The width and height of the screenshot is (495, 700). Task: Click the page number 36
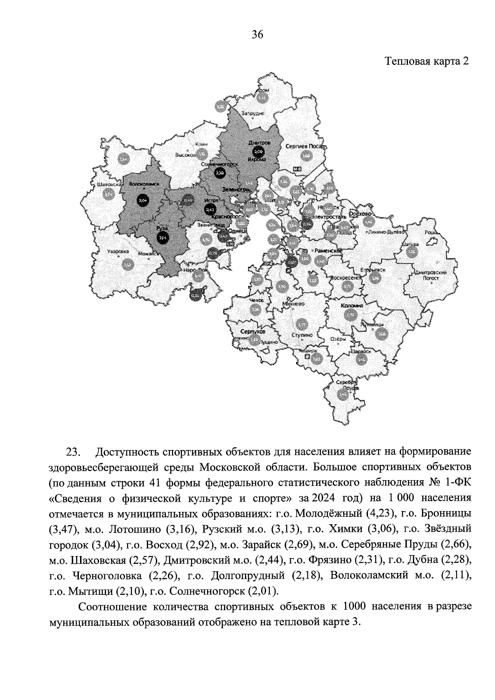(257, 35)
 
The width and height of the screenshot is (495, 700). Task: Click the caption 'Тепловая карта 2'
(427, 61)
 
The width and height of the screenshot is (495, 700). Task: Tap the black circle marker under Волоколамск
(143, 201)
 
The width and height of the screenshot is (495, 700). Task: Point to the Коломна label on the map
(351, 306)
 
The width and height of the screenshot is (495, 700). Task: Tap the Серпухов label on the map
(253, 332)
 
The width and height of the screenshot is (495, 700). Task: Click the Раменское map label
(329, 250)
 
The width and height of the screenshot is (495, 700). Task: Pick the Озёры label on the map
(338, 339)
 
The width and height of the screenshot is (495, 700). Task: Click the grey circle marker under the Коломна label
(351, 315)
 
